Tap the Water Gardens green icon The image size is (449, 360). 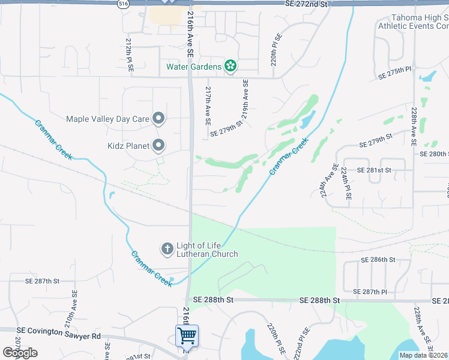(x=230, y=66)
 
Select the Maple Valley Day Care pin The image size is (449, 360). (x=158, y=119)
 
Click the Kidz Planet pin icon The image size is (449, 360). (x=158, y=145)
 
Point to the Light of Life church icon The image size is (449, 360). (x=166, y=248)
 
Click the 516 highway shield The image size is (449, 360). (x=123, y=4)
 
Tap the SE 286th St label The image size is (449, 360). (x=378, y=260)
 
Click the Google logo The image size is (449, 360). (x=20, y=353)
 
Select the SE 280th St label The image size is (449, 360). (x=434, y=154)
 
